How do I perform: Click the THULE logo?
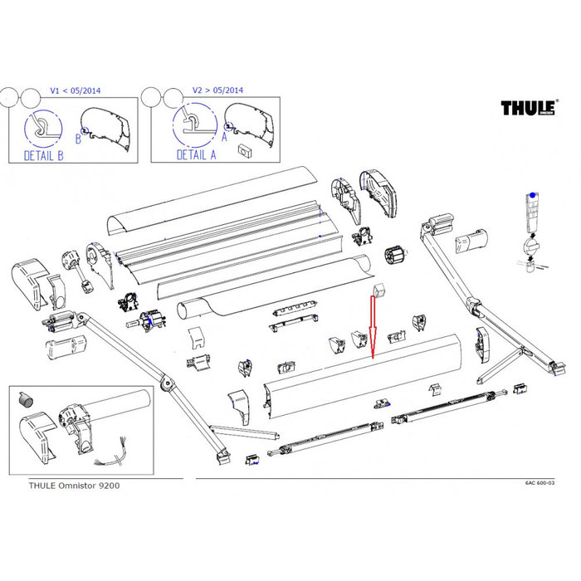[530, 109]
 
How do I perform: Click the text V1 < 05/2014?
[73, 90]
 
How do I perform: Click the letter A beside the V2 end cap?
[225, 125]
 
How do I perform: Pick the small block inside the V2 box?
[245, 150]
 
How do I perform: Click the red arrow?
[373, 328]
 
